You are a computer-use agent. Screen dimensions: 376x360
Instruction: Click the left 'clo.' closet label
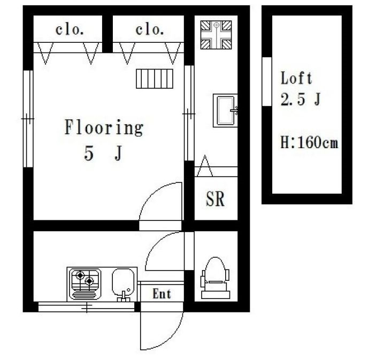(x=70, y=30)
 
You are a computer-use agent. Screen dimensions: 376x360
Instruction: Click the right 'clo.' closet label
(x=150, y=30)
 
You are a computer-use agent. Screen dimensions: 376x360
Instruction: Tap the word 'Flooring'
(x=104, y=128)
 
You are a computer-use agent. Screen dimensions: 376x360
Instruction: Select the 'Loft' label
(x=296, y=78)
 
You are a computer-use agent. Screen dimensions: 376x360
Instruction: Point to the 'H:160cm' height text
(x=309, y=142)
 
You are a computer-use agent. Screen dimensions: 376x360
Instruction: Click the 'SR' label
(x=215, y=199)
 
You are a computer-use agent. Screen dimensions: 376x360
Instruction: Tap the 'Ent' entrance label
(x=162, y=294)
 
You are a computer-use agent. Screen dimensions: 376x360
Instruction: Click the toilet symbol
(x=216, y=278)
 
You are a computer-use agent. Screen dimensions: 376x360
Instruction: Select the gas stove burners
(x=85, y=284)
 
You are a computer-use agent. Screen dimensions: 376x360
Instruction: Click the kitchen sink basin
(x=123, y=283)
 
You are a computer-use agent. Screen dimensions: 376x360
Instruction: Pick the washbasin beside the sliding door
(x=225, y=110)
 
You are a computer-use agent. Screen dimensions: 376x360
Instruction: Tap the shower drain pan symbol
(x=216, y=35)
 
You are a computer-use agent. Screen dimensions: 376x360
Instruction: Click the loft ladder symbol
(x=155, y=79)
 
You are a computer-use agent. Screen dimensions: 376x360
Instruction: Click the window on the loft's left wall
(x=267, y=81)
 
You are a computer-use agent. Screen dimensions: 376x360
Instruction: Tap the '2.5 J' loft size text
(x=301, y=99)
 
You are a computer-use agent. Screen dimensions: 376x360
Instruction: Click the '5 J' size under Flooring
(x=103, y=154)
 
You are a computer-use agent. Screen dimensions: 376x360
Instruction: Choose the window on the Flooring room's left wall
(x=28, y=119)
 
